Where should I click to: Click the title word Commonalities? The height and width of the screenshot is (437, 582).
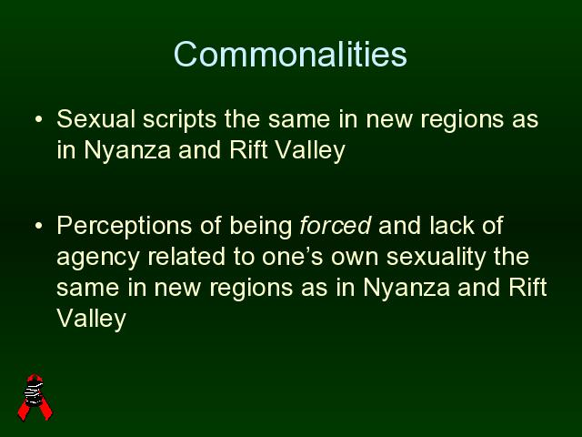(290, 55)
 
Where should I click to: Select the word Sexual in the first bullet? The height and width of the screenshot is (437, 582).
(95, 119)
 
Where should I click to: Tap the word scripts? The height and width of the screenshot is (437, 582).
(180, 120)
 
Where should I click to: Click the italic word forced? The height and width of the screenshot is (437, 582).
(336, 225)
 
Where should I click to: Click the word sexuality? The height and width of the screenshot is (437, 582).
(436, 258)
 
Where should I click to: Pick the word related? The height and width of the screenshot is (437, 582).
(186, 257)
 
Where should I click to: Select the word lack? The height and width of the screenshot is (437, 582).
(452, 225)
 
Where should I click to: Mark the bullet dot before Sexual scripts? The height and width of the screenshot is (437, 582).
(38, 119)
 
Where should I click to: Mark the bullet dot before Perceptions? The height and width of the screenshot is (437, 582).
(38, 226)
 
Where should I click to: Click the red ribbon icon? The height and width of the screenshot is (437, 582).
(35, 397)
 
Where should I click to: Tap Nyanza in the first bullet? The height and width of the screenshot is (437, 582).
(127, 151)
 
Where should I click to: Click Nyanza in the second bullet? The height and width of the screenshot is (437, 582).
(406, 289)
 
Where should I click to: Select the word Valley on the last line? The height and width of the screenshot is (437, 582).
(91, 320)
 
